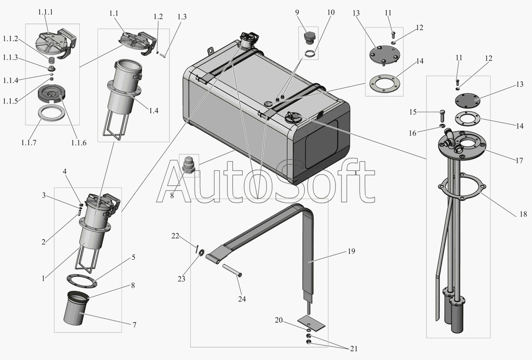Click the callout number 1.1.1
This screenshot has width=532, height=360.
[45, 12]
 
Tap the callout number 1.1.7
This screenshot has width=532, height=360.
[29, 143]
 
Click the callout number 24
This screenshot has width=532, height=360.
[242, 299]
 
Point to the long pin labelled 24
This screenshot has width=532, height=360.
[232, 270]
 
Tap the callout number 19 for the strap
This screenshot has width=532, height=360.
[351, 251]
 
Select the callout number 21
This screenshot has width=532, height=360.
[354, 348]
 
